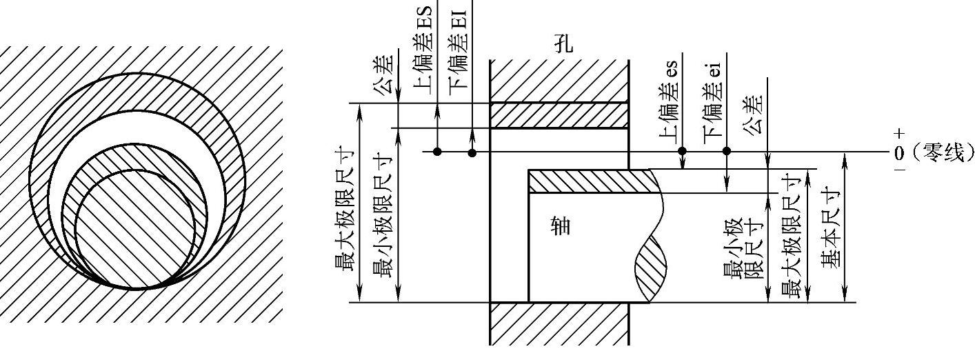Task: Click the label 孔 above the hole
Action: (563, 45)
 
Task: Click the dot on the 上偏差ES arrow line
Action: (437, 152)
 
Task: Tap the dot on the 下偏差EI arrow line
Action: (472, 152)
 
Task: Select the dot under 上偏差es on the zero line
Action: (682, 152)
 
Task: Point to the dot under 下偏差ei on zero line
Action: (726, 152)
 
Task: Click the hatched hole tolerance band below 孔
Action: (559, 115)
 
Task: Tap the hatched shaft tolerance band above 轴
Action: (593, 181)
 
